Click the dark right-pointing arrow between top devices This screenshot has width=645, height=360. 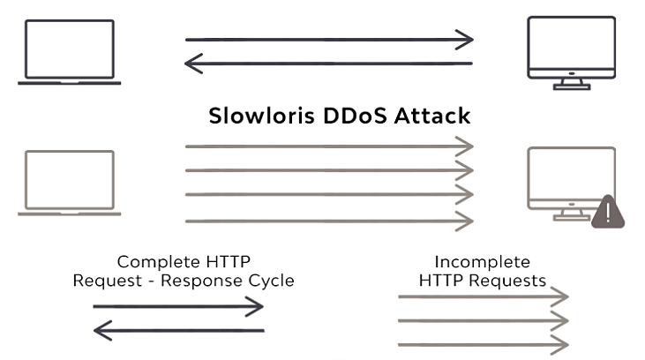click(328, 40)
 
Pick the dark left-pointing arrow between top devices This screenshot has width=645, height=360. click(328, 63)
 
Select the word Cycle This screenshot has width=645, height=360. click(272, 281)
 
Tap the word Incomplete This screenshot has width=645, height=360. click(482, 262)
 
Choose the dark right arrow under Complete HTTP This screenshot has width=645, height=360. click(179, 306)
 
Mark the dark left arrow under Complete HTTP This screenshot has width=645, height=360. click(179, 330)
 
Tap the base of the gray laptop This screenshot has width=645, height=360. click(70, 213)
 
